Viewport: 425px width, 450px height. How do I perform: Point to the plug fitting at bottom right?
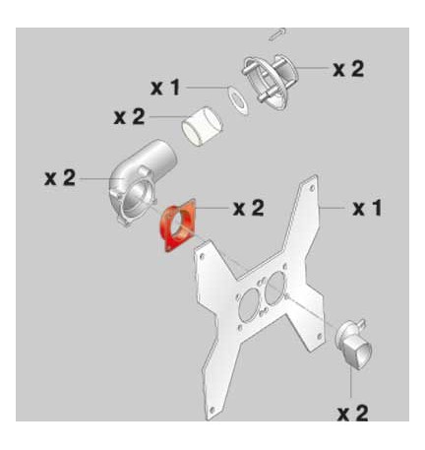[x=357, y=347]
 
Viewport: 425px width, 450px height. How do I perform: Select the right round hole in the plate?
[x=274, y=287]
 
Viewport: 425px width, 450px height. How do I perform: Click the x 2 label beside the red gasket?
[x=247, y=208]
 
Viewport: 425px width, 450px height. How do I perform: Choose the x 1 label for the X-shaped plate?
[x=366, y=209]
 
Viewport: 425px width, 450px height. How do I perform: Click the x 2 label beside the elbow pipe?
[x=61, y=177]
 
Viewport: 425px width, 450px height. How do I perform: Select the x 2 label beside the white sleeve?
[x=130, y=117]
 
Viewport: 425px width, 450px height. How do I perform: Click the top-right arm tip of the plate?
[x=313, y=182]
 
